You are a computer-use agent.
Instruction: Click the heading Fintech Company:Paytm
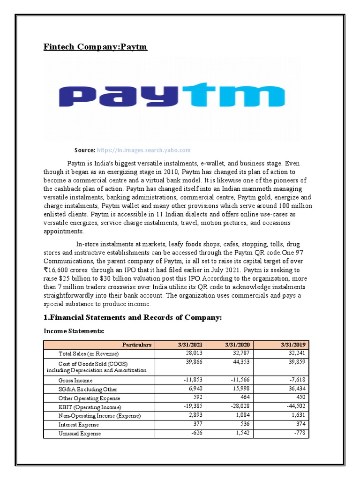click(95, 47)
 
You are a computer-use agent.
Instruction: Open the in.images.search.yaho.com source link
click(143, 150)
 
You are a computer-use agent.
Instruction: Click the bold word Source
click(84, 150)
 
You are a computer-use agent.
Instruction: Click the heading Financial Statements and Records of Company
click(132, 318)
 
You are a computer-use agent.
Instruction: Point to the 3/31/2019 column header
click(293, 345)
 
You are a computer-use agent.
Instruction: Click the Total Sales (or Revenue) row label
click(89, 353)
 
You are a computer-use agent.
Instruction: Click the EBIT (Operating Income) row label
click(90, 407)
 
